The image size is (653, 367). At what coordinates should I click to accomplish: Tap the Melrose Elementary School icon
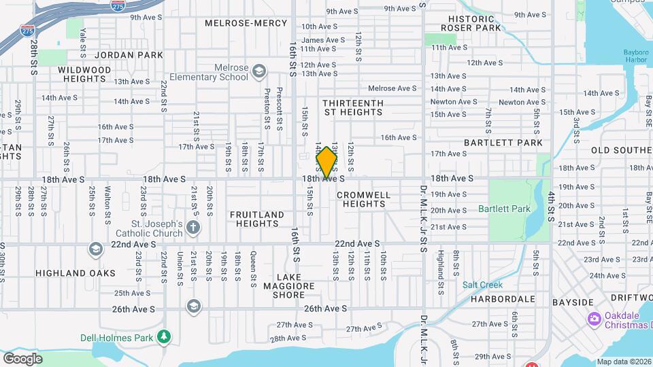click(x=258, y=71)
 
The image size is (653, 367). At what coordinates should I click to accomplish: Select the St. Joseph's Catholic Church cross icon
click(x=193, y=227)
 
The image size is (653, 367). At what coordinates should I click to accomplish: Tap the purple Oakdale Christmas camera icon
click(x=594, y=318)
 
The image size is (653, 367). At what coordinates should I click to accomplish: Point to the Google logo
click(x=22, y=359)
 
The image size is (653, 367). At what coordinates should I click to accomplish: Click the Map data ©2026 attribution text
click(x=624, y=362)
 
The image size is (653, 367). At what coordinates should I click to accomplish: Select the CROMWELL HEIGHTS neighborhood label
click(x=364, y=199)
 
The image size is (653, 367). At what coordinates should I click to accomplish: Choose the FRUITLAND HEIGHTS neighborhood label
click(x=256, y=220)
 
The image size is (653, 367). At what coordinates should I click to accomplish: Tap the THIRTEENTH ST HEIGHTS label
click(x=353, y=107)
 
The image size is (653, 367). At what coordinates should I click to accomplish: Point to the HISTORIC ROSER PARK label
click(x=471, y=23)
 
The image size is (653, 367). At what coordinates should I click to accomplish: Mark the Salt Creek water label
click(x=482, y=285)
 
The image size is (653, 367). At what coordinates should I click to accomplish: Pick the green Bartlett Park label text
click(x=503, y=209)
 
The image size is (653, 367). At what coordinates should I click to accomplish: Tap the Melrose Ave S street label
click(x=392, y=88)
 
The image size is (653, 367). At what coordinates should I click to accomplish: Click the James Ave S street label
click(x=323, y=40)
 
